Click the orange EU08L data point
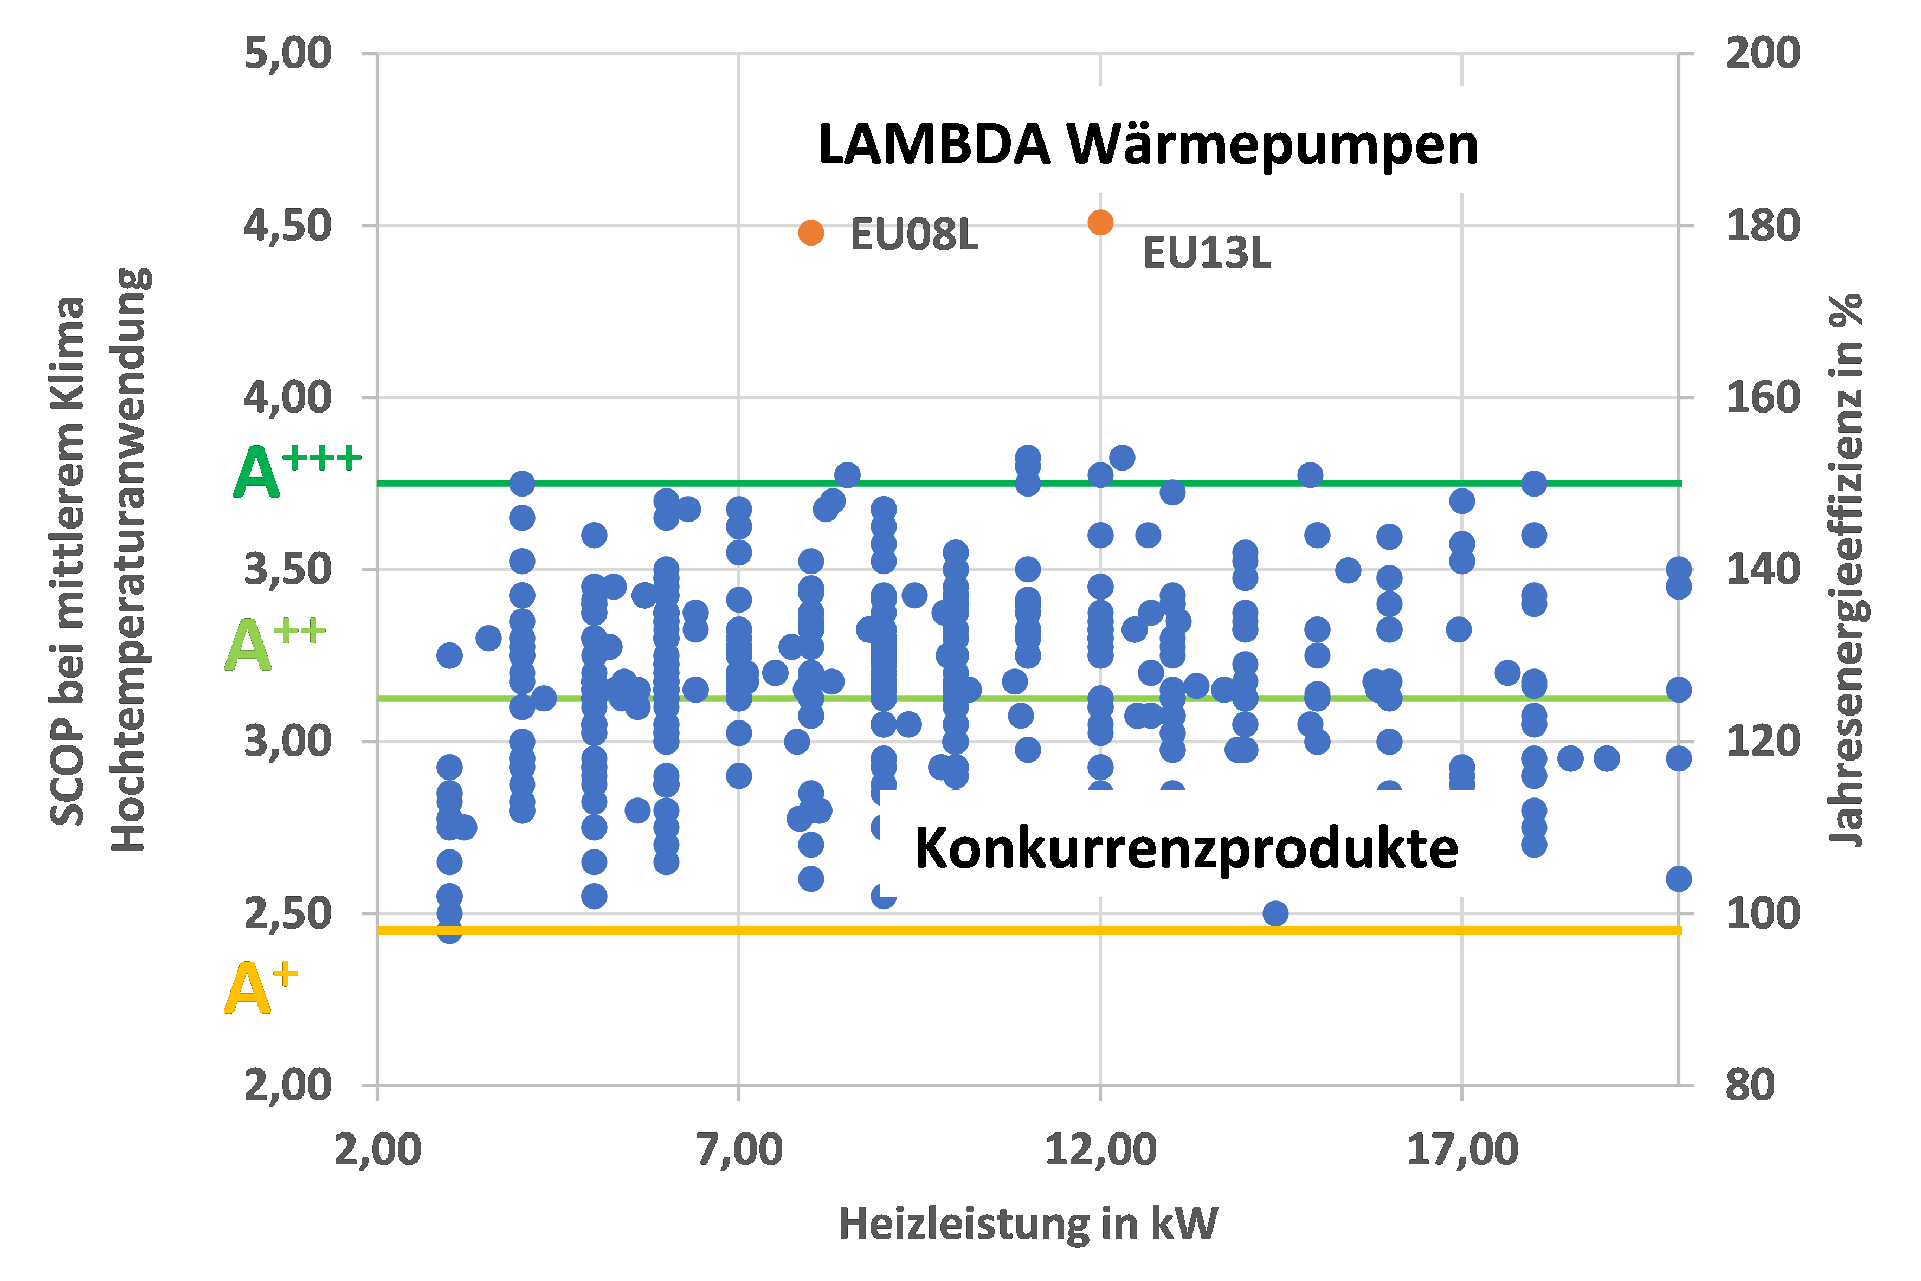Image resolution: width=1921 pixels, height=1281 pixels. tap(810, 233)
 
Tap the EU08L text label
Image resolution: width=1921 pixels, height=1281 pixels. tap(914, 235)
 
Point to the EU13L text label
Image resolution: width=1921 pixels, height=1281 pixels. tap(1207, 253)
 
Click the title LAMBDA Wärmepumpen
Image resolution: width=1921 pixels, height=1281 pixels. tap(1148, 145)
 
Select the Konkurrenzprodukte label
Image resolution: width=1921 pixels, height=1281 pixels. tap(1186, 848)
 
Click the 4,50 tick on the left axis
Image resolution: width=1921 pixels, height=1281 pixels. tap(287, 226)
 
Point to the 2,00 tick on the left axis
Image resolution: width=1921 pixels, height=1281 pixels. tap(287, 1086)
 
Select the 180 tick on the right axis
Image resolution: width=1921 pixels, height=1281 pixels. tap(1763, 226)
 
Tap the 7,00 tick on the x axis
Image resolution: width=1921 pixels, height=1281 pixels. tap(738, 1149)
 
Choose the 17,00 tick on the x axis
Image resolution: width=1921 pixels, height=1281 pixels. tap(1461, 1149)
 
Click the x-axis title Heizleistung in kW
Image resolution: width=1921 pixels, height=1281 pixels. tap(1028, 1224)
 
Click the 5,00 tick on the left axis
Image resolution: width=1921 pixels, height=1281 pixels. tap(287, 54)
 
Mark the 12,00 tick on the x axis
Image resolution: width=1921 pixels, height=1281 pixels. tap(1100, 1149)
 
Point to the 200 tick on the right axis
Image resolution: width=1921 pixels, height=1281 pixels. tap(1763, 54)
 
